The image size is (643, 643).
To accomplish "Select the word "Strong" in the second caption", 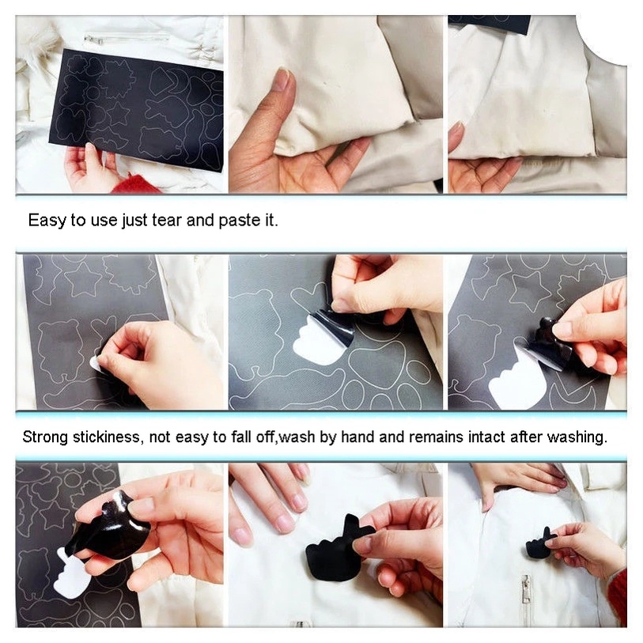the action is click(45, 437).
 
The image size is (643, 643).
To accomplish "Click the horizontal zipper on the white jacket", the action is click(127, 39).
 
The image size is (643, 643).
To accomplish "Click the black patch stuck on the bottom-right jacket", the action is click(540, 544).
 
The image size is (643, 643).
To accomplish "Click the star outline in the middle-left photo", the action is click(83, 279).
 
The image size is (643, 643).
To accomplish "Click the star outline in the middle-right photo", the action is click(530, 290).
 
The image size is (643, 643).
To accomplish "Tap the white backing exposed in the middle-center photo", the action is click(318, 343).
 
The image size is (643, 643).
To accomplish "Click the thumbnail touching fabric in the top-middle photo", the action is click(282, 80).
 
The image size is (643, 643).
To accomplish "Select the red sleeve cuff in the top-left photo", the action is click(134, 184).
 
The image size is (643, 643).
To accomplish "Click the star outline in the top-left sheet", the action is click(119, 113).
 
